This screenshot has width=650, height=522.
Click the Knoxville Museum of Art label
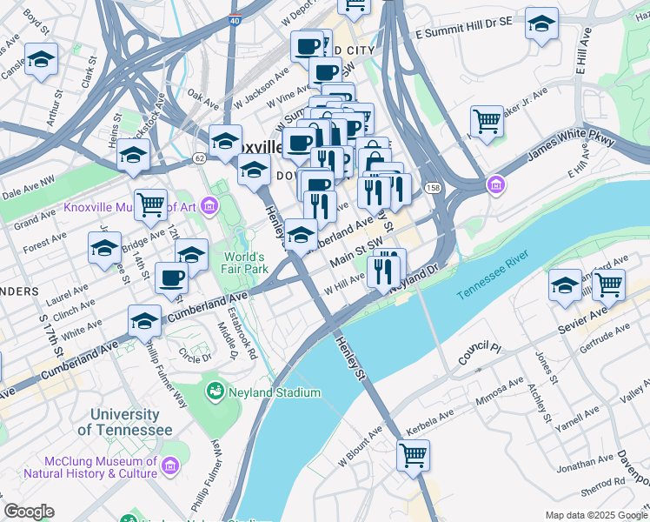pyautogui.click(x=130, y=208)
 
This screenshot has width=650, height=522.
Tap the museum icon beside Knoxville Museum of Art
pyautogui.click(x=209, y=207)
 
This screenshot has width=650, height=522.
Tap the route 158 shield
pyautogui.click(x=432, y=188)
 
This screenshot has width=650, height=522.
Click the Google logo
pyautogui.click(x=29, y=512)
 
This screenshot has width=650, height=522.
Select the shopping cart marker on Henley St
pyautogui.click(x=413, y=454)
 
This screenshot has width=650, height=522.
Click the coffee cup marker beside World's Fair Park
pyautogui.click(x=171, y=278)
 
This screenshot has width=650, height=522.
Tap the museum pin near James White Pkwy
pyautogui.click(x=495, y=184)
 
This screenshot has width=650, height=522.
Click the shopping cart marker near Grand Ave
pyautogui.click(x=150, y=205)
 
